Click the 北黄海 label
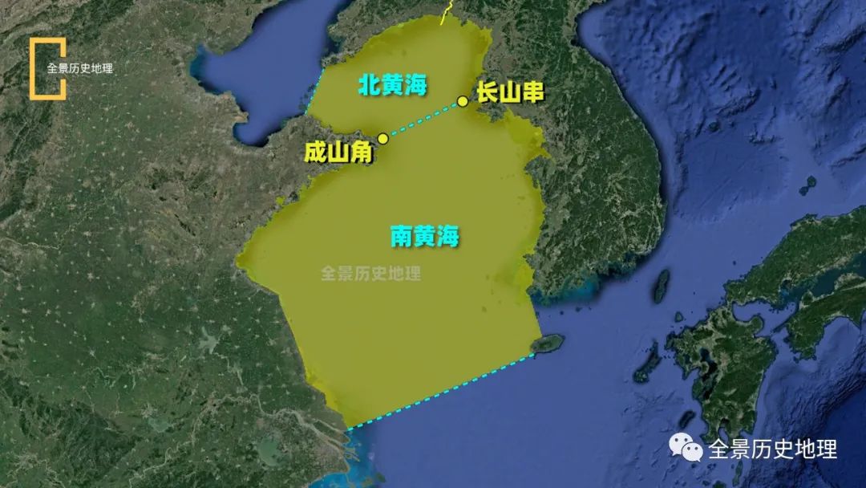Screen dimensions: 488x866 click(392, 85)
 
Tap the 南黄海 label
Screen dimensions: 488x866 click(425, 236)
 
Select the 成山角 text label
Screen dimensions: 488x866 click(338, 152)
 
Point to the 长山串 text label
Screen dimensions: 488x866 click(510, 92)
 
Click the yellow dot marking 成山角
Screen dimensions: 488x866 click(382, 138)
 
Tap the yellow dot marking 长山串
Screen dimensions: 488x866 click(463, 101)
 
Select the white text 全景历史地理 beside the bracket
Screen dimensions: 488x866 click(80, 68)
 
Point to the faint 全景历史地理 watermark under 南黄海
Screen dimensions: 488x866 click(370, 274)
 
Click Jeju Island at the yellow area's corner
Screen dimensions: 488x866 click(548, 344)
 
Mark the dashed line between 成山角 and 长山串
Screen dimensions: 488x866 click(423, 120)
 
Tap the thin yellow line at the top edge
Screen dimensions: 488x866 click(447, 12)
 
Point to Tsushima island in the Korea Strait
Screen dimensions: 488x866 click(662, 286)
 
